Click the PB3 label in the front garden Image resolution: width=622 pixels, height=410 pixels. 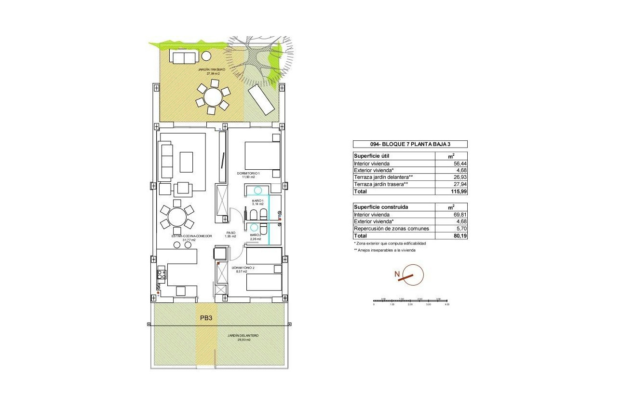pos(206,318)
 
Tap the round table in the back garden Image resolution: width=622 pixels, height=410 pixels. pos(212,97)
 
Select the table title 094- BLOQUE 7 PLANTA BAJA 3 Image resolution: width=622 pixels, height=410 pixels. pos(409,144)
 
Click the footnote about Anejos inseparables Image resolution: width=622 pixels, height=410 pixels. pos(384,250)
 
